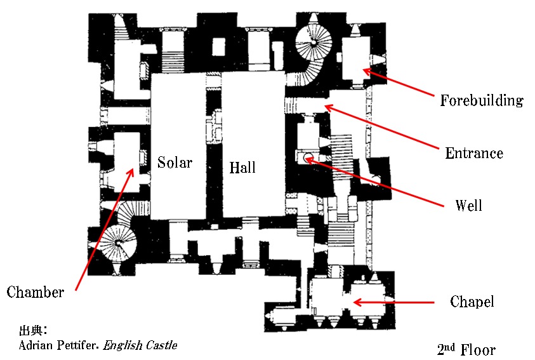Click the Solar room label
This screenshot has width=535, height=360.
pyautogui.click(x=175, y=162)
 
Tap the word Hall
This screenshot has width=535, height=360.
pyautogui.click(x=242, y=167)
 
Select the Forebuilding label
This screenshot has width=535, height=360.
pyautogui.click(x=482, y=100)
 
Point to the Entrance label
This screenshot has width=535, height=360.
pyautogui.click(x=474, y=153)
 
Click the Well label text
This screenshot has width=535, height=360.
pyautogui.click(x=468, y=205)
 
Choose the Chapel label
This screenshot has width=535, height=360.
pyautogui.click(x=472, y=302)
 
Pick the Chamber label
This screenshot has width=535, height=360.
pyautogui.click(x=35, y=292)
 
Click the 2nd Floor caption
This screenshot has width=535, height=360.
pyautogui.click(x=466, y=349)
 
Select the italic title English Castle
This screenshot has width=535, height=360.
pyautogui.click(x=140, y=345)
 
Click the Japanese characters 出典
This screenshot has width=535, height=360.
pyautogui.click(x=30, y=330)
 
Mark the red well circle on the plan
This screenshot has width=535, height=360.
pyautogui.click(x=308, y=158)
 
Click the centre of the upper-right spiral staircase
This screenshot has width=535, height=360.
pyautogui.click(x=314, y=43)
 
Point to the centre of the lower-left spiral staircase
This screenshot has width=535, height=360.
pyautogui.click(x=119, y=243)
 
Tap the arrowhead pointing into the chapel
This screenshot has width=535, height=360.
pyautogui.click(x=357, y=302)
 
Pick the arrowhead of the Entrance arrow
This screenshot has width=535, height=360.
pyautogui.click(x=328, y=107)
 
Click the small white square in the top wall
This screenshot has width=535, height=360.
pyautogui.click(x=219, y=47)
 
